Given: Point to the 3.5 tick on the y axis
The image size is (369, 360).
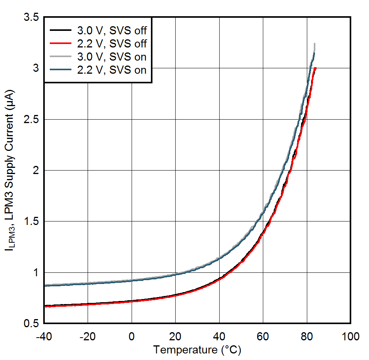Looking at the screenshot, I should click(30, 17).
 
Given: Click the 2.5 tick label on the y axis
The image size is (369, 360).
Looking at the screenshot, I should click(30, 120).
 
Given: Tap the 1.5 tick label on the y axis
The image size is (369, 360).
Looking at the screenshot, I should click(30, 221).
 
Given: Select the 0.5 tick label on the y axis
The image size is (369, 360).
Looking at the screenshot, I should click(30, 323).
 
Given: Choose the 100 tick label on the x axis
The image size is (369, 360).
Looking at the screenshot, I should click(350, 336).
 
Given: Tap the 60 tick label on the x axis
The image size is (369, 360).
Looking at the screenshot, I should click(263, 336).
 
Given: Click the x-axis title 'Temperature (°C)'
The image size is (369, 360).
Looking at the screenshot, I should click(197, 350).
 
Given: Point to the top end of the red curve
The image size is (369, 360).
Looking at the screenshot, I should click(315, 68).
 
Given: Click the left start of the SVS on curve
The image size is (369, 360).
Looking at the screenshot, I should click(45, 286).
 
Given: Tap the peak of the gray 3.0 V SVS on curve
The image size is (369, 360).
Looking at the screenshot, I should click(315, 44).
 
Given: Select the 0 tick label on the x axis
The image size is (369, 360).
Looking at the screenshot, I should click(132, 336).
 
